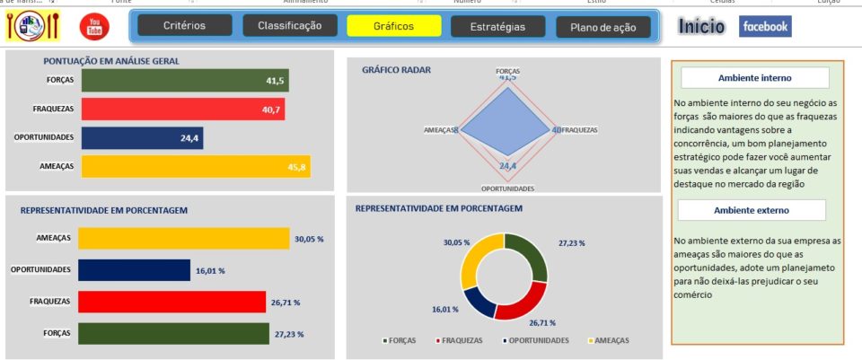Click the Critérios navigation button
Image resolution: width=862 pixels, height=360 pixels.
point(184,26)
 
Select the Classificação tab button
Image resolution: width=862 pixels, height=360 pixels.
point(289,26)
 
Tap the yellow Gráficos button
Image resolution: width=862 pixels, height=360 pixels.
point(393,26)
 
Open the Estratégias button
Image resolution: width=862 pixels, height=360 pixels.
point(497,27)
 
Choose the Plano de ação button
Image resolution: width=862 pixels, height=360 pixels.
point(603,28)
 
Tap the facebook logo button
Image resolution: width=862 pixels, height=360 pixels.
point(765,27)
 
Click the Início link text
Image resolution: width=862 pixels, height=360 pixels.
point(702,27)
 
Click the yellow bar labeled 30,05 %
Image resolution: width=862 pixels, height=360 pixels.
point(183,238)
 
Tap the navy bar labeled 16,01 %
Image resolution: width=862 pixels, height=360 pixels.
point(134,270)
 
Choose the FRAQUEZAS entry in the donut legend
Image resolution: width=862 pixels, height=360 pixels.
point(461,341)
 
